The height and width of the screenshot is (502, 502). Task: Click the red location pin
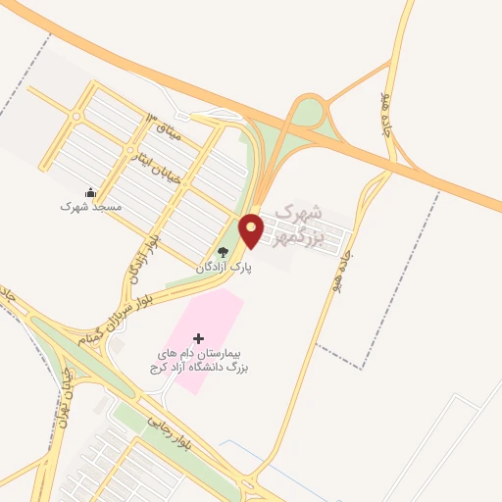pyautogui.click(x=252, y=229)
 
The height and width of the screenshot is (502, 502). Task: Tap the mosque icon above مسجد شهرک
pyautogui.click(x=90, y=192)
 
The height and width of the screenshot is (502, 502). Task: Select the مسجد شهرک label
pyautogui.click(x=90, y=207)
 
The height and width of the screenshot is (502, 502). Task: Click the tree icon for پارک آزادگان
pyautogui.click(x=223, y=252)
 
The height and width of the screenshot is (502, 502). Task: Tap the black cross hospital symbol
pyautogui.click(x=199, y=338)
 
